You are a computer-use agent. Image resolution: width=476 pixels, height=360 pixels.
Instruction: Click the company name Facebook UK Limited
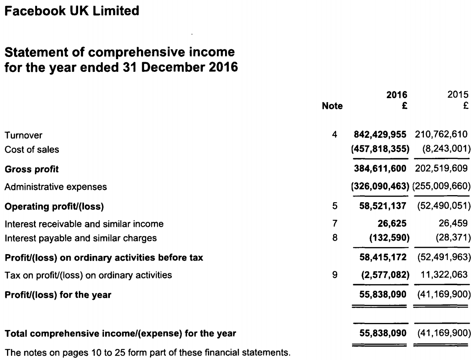click(72, 11)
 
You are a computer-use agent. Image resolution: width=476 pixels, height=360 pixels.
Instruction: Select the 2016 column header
click(396, 94)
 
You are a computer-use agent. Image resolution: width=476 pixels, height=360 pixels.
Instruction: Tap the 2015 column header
click(458, 94)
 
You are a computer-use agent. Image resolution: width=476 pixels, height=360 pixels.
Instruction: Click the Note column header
click(332, 106)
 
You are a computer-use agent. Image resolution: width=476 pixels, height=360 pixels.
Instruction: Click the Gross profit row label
click(31, 169)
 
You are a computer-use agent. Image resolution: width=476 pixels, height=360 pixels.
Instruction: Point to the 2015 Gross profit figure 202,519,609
click(441, 169)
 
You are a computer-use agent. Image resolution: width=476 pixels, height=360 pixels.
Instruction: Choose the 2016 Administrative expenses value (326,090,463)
click(380, 187)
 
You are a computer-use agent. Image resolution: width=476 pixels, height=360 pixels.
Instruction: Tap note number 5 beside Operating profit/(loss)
click(335, 206)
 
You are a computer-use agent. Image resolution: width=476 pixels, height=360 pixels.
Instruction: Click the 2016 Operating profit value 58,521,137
click(383, 206)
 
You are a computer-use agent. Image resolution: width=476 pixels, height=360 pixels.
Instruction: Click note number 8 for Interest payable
click(335, 238)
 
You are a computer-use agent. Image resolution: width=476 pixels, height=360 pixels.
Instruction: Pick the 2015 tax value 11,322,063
click(444, 275)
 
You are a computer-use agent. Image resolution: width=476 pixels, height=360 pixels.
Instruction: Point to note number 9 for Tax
click(335, 275)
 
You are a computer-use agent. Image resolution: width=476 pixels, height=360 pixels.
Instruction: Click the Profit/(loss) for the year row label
click(58, 295)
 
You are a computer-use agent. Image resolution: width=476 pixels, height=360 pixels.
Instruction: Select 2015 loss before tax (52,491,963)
click(444, 257)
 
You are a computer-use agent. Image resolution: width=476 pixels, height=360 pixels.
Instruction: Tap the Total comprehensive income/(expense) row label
click(120, 333)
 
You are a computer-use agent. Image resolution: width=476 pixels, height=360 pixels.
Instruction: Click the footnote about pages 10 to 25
click(147, 353)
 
